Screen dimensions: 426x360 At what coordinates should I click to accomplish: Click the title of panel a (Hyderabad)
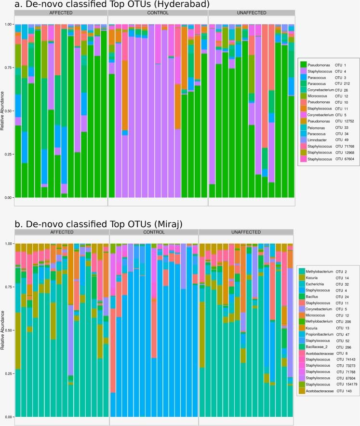(x=106, y=5)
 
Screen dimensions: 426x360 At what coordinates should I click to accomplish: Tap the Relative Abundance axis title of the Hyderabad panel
(x=3, y=111)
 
